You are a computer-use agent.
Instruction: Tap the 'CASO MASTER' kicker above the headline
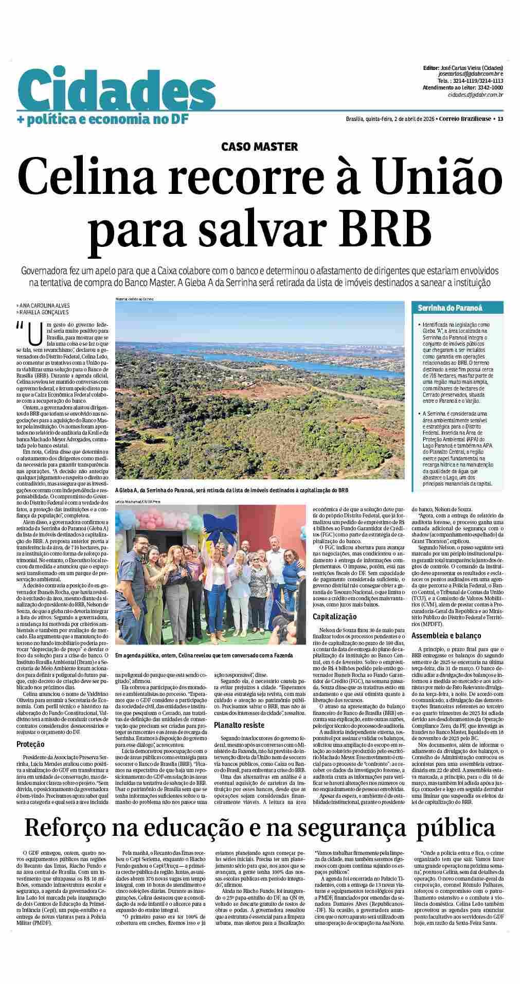click(x=259, y=147)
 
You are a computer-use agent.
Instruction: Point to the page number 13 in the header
click(x=500, y=119)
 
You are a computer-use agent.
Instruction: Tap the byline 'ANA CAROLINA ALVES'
click(x=44, y=306)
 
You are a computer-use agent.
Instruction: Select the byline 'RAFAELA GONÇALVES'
click(x=44, y=312)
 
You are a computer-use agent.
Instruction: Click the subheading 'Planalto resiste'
click(x=239, y=725)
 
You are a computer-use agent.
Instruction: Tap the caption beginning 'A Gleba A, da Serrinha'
click(x=231, y=490)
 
